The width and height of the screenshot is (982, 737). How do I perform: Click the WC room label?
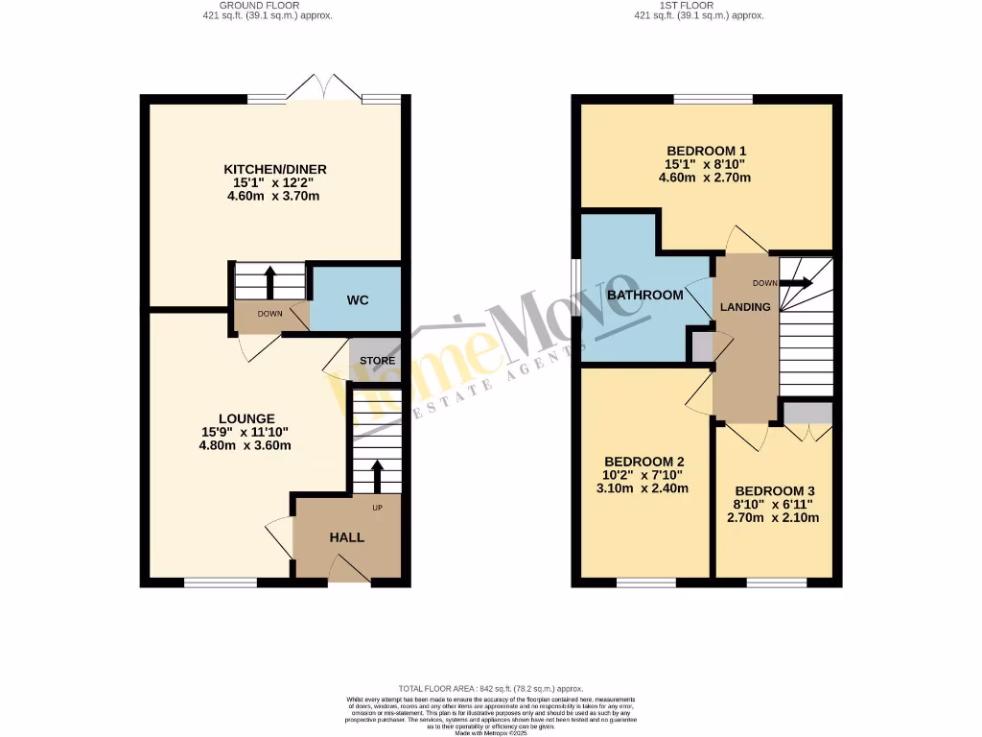click(x=358, y=298)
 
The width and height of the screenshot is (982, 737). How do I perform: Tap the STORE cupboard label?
click(x=377, y=361)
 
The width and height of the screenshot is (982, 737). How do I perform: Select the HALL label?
click(x=346, y=537)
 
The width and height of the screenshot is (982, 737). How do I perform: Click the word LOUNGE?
click(x=246, y=418)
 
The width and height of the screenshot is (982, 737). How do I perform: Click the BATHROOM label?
click(x=644, y=295)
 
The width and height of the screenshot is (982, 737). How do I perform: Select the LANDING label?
click(x=745, y=307)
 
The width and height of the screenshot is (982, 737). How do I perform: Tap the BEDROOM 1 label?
click(x=707, y=151)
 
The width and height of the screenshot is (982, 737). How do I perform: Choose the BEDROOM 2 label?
click(x=635, y=460)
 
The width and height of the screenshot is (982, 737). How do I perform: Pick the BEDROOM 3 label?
click(x=773, y=490)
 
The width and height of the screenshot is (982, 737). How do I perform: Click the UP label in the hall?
click(x=377, y=508)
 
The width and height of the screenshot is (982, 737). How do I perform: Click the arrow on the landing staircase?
click(x=795, y=283)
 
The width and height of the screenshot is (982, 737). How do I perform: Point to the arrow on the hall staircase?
click(x=376, y=475)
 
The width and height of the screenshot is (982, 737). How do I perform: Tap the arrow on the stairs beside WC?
click(x=269, y=281)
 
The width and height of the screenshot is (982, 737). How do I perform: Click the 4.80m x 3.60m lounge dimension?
click(x=245, y=445)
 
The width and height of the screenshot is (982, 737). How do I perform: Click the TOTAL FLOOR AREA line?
click(x=490, y=688)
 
